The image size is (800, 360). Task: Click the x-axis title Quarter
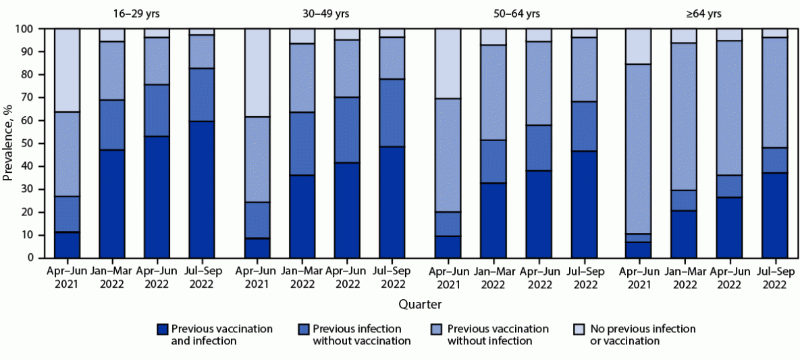pyautogui.click(x=420, y=304)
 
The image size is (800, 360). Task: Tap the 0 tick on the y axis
pyautogui.click(x=31, y=258)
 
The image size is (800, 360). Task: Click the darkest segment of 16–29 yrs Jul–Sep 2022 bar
pyautogui.click(x=202, y=189)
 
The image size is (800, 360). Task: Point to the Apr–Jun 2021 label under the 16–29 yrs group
pyautogui.click(x=66, y=279)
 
